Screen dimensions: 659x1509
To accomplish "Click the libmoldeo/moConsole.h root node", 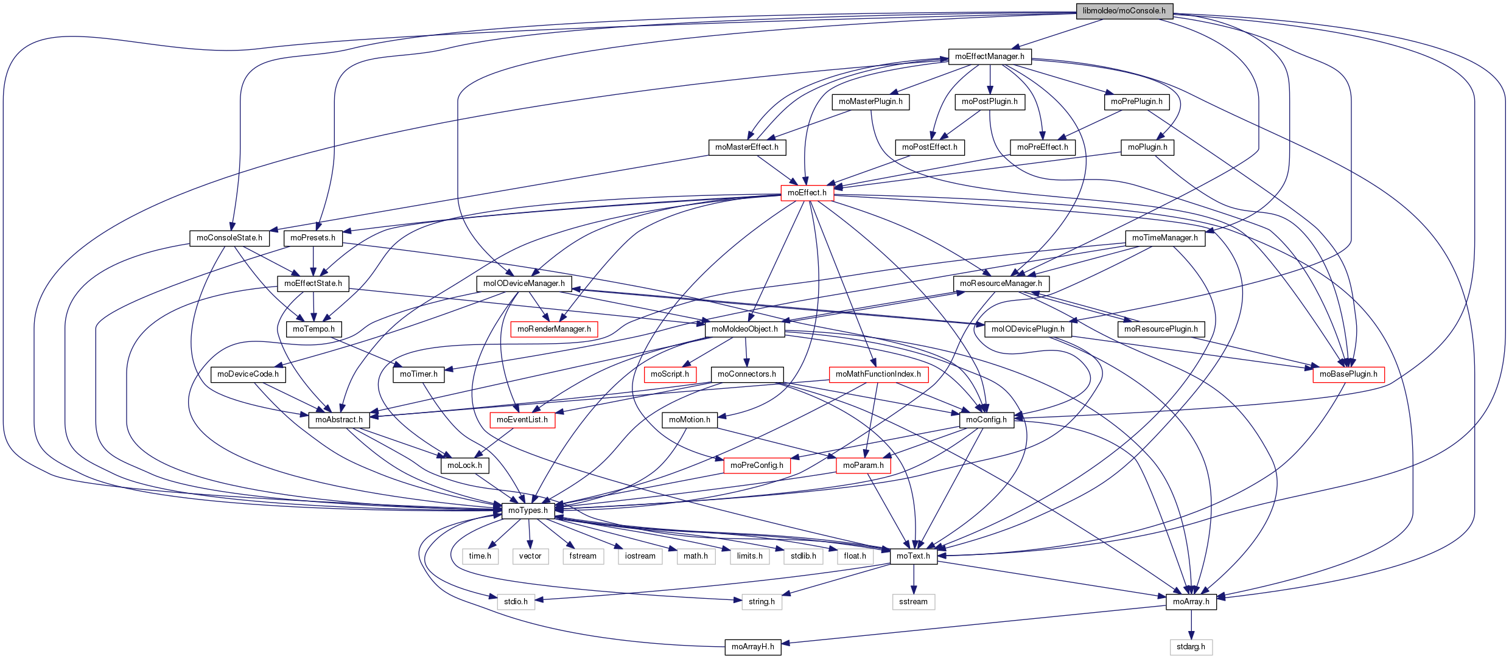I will click(x=1124, y=11).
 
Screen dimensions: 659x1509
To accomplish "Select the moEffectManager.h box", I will click(x=989, y=57).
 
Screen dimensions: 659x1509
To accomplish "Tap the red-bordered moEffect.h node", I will click(x=807, y=193).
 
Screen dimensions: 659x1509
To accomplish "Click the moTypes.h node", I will click(x=528, y=511).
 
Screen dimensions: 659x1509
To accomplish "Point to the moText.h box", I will click(x=913, y=556).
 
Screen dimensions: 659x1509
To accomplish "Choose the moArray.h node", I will click(x=1191, y=602).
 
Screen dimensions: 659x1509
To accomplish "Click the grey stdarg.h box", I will click(x=1191, y=647).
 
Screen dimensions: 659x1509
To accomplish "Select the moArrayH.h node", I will click(x=752, y=647).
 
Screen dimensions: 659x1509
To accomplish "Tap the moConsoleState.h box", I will click(x=229, y=238).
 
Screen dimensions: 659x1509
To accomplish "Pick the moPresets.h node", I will click(x=313, y=238).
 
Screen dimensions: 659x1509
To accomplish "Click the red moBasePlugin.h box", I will click(x=1348, y=374).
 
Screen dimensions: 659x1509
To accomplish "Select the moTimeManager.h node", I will click(x=1164, y=238).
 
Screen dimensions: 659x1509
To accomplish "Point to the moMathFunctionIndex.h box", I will click(x=878, y=374).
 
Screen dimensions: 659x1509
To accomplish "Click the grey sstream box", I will click(x=913, y=602).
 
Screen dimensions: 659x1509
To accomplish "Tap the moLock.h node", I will click(x=464, y=465).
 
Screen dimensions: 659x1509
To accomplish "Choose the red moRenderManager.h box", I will click(x=554, y=329).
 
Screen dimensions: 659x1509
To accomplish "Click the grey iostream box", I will click(x=640, y=556).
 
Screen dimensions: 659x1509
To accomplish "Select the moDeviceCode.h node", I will click(x=248, y=374).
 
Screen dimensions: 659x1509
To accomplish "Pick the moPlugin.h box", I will click(x=1147, y=147).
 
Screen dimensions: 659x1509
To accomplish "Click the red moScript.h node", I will click(x=670, y=374).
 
